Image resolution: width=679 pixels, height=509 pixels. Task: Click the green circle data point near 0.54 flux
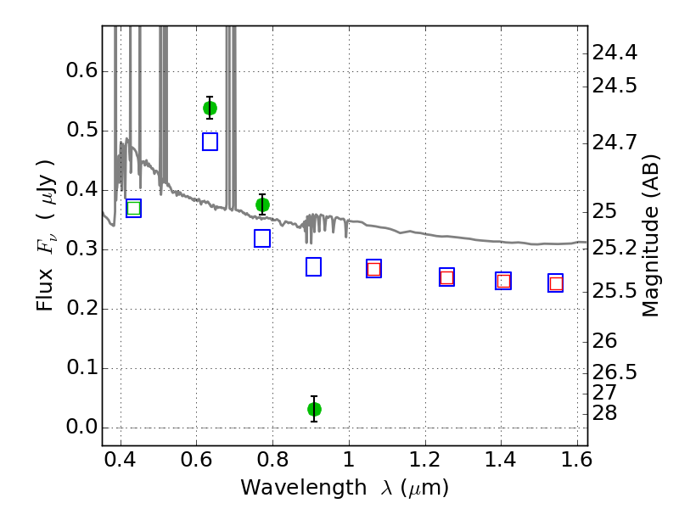coord(210,109)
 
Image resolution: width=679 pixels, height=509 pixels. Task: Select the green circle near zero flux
coord(314,409)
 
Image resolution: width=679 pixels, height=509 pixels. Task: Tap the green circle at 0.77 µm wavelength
coord(262,204)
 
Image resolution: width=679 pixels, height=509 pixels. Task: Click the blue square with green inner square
coord(134,208)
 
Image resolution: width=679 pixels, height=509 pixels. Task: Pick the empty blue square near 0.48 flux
coord(210,142)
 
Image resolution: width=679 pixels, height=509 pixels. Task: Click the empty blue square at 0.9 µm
coord(313,266)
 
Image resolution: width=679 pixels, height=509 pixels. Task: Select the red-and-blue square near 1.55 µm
coord(556,283)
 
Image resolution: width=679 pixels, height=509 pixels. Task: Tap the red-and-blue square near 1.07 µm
coord(373,269)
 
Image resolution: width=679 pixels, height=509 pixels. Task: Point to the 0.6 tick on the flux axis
coord(81,70)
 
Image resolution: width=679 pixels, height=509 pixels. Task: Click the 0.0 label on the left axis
coord(81,428)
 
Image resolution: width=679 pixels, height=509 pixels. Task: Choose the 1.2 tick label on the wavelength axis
coord(425,460)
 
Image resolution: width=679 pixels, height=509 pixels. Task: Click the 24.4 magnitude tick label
coord(614,53)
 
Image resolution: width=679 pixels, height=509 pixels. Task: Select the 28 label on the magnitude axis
coord(604,413)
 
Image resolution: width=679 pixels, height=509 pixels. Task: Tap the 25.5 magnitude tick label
coord(614,291)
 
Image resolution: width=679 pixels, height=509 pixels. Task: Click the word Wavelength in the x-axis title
coord(304,488)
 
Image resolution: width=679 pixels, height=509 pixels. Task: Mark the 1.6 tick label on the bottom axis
coord(577,460)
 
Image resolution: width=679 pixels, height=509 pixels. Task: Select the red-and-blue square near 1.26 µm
coord(447,277)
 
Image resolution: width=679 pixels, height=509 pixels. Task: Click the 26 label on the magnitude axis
coord(604,341)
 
